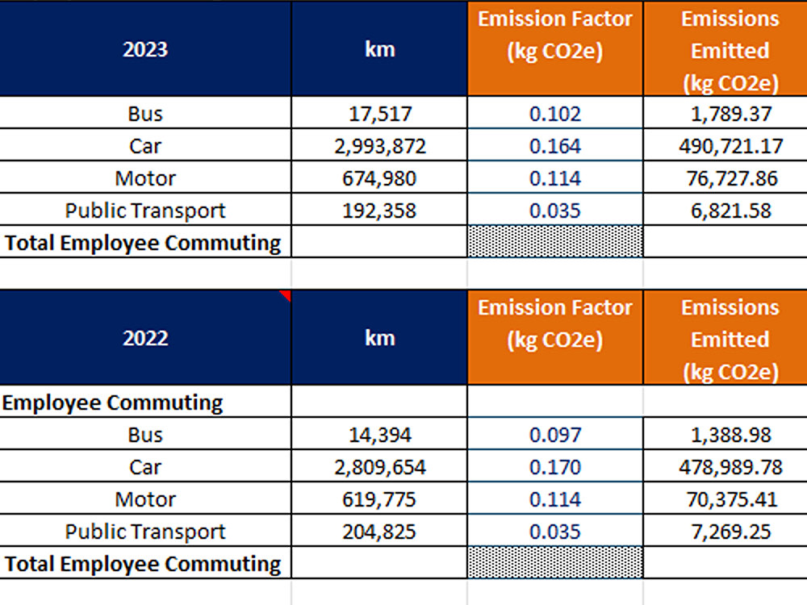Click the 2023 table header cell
[145, 49]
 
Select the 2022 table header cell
[145, 338]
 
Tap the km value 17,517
[380, 114]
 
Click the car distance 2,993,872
[380, 146]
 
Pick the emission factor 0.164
[555, 146]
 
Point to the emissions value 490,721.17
[730, 146]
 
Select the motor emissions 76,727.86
[731, 178]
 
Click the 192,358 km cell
[379, 211]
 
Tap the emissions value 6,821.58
[731, 211]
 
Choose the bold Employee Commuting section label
[112, 403]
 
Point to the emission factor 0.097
[555, 436]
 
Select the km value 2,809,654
[380, 467]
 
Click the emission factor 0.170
[555, 467]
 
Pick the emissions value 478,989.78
[730, 467]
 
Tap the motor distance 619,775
[379, 499]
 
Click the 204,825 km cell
[379, 532]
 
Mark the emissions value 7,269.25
[731, 532]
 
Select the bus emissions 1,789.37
[731, 114]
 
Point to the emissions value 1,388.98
[731, 436]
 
